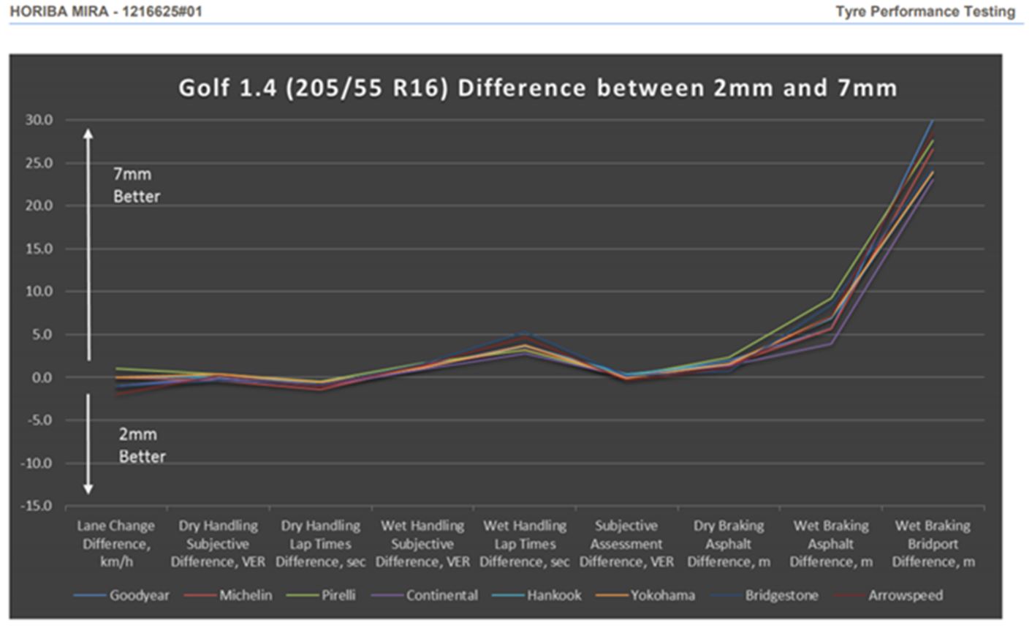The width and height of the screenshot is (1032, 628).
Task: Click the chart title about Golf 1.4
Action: click(x=537, y=88)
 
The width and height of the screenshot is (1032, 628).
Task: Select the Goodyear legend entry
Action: click(x=139, y=595)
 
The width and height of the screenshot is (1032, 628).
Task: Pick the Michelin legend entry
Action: click(x=246, y=595)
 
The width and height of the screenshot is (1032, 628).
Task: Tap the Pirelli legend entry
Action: click(x=338, y=595)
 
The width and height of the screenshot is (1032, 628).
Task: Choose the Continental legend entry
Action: click(x=441, y=595)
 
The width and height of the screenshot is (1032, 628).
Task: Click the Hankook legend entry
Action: click(x=554, y=595)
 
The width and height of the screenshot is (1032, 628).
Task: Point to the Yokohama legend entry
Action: click(x=663, y=595)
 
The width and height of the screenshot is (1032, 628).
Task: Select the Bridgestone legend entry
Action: click(x=781, y=595)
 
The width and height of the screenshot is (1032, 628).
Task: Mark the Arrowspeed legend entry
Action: click(x=905, y=595)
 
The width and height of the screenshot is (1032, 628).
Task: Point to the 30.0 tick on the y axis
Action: click(x=39, y=120)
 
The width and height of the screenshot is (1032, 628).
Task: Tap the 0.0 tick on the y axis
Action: click(x=42, y=377)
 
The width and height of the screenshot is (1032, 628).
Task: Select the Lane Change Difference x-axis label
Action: click(x=116, y=544)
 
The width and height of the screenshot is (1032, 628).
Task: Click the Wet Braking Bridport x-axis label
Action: click(x=933, y=544)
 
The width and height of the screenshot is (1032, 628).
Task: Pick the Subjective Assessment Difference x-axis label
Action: click(x=626, y=544)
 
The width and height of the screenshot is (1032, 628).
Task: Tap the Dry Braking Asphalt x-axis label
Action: click(x=729, y=544)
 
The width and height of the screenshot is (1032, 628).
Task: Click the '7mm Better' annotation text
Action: click(x=136, y=185)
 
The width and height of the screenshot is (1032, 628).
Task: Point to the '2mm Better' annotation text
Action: click(x=142, y=445)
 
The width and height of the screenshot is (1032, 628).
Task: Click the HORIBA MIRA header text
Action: click(x=106, y=12)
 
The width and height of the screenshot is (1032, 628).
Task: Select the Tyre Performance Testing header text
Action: click(x=925, y=12)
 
